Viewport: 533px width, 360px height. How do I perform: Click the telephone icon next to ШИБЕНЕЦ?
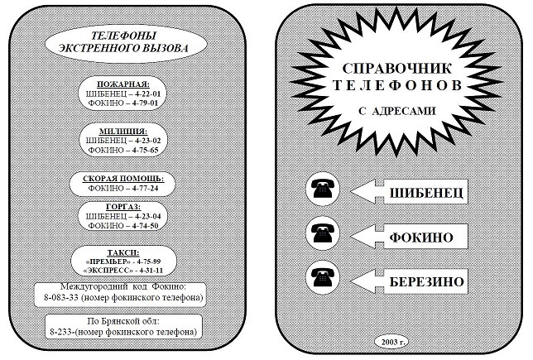pyautogui.click(x=323, y=189)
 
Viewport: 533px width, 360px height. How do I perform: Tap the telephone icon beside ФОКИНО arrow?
pyautogui.click(x=323, y=233)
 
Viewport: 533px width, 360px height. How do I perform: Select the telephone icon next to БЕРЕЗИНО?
pyautogui.click(x=323, y=277)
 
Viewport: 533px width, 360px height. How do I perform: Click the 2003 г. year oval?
pyautogui.click(x=391, y=342)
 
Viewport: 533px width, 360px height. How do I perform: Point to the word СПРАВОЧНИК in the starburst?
pyautogui.click(x=397, y=69)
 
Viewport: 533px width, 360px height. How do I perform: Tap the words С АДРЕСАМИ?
pyautogui.click(x=397, y=111)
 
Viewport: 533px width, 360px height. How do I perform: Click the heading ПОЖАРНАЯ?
pyautogui.click(x=123, y=84)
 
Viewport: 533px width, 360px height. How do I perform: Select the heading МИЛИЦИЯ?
pyautogui.click(x=123, y=132)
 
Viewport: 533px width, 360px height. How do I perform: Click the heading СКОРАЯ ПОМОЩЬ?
pyautogui.click(x=123, y=179)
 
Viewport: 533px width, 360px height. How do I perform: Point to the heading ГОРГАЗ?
pyautogui.click(x=123, y=207)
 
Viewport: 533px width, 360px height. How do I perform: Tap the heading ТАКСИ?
pyautogui.click(x=123, y=252)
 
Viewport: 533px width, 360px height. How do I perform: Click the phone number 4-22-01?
pyautogui.click(x=146, y=94)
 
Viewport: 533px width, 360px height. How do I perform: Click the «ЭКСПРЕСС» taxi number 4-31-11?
pyautogui.click(x=149, y=271)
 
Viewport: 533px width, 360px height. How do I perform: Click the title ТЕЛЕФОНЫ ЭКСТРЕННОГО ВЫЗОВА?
pyautogui.click(x=123, y=42)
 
